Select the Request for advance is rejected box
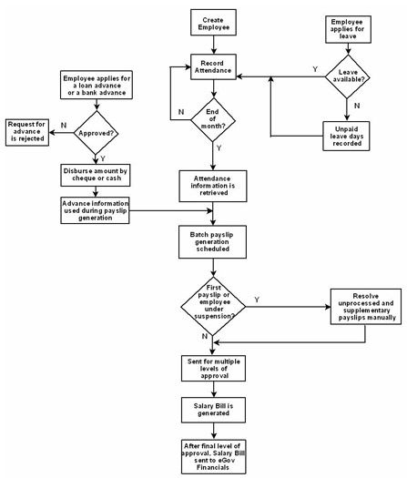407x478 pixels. click(x=26, y=131)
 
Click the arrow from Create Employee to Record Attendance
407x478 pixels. click(x=213, y=47)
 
